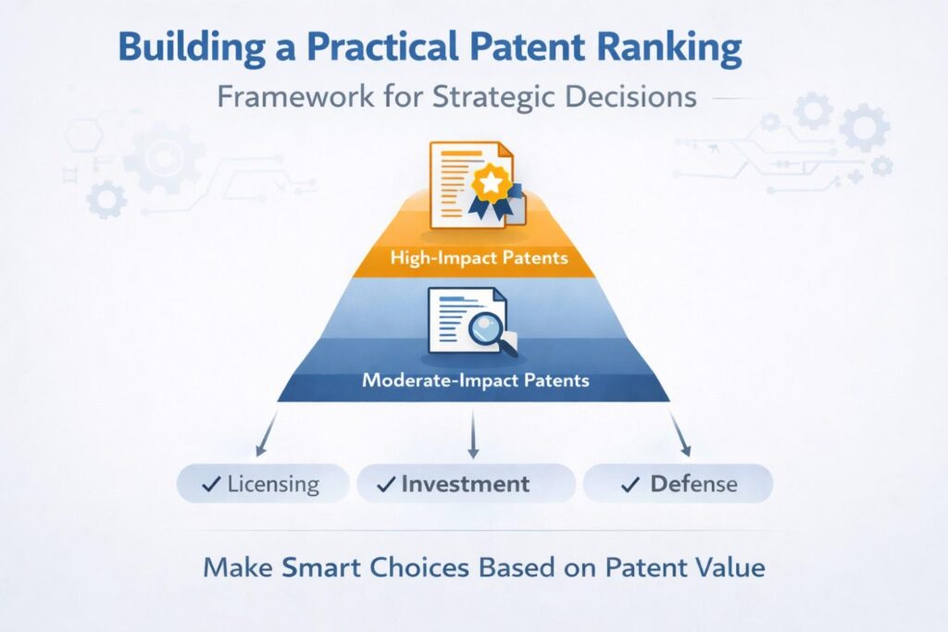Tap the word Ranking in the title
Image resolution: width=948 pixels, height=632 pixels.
[680, 49]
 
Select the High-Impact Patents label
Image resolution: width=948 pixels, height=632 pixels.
[473, 257]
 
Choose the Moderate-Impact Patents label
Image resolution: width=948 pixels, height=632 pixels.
[475, 380]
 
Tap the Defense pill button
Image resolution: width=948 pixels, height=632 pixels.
[678, 484]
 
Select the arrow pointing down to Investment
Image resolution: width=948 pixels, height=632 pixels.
[472, 435]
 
